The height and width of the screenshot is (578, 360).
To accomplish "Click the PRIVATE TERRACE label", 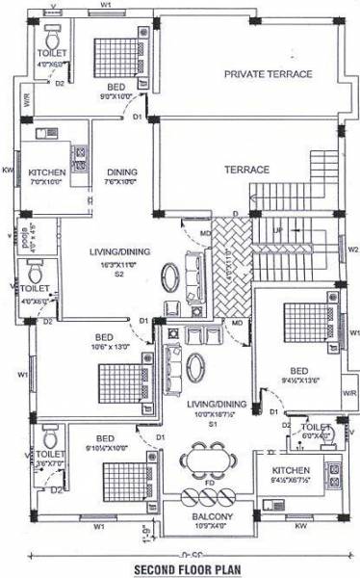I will coord(268,74).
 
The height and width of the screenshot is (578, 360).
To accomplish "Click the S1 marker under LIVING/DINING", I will coord(214,423).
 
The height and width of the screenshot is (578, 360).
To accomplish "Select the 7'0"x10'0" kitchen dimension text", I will coord(46,182).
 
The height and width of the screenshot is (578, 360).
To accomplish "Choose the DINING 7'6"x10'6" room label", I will coord(122,176).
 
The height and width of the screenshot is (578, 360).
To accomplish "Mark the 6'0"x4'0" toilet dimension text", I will coord(316,434).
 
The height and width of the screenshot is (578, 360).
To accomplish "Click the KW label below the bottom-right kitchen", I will coord(300,527).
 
